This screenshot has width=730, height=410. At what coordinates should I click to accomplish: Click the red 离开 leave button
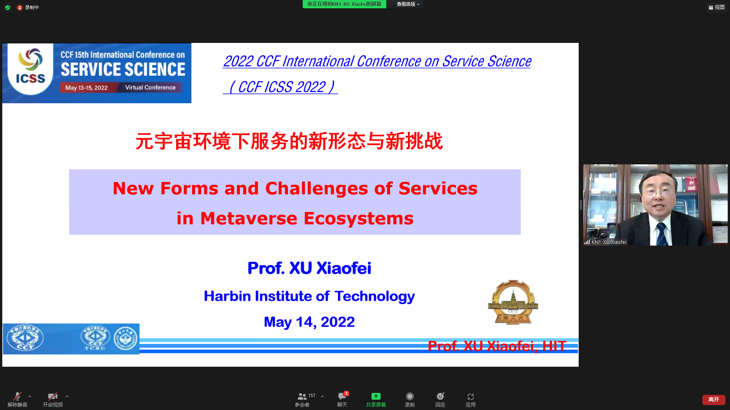[x=713, y=399]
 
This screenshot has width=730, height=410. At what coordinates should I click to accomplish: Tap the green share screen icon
[x=376, y=396]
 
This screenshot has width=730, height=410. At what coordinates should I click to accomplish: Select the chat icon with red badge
[x=342, y=396]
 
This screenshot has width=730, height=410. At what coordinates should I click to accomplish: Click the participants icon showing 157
[x=302, y=396]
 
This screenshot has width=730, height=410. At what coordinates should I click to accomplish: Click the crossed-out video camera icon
[x=52, y=396]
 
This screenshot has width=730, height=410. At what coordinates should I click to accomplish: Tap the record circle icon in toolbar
[x=409, y=396]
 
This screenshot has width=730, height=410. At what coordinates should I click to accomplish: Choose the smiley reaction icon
[x=440, y=396]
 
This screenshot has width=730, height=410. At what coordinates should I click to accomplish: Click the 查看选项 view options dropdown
[x=408, y=4]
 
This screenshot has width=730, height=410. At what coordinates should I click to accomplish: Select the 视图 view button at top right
[x=717, y=7]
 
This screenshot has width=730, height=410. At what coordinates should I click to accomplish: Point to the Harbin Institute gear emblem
[x=513, y=302]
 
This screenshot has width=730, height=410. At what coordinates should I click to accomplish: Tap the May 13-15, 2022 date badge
[x=86, y=88]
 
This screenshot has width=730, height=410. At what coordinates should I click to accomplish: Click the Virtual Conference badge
[x=151, y=87]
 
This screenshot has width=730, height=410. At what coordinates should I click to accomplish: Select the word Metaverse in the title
[x=249, y=218]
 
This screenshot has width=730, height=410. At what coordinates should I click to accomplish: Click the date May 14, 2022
[x=309, y=322]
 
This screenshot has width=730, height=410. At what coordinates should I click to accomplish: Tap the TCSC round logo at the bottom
[x=95, y=338]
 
